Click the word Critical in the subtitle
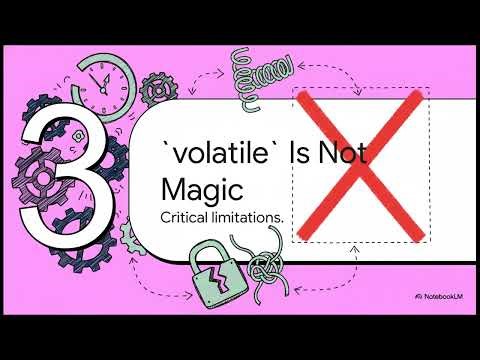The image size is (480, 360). point(189,215)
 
